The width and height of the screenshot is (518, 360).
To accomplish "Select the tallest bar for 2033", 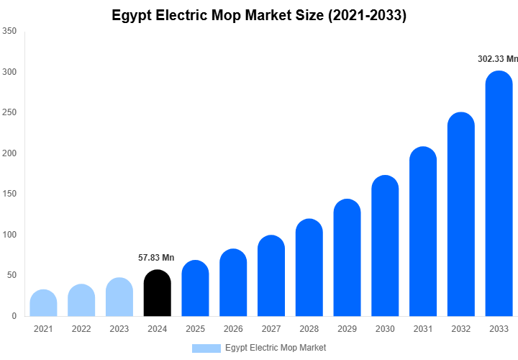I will pyautogui.click(x=499, y=194).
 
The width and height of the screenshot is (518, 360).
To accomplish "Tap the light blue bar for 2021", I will pyautogui.click(x=43, y=303).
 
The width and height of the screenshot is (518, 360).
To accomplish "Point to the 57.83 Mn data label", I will pyautogui.click(x=156, y=258).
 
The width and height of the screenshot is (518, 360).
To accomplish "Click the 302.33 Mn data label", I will pyautogui.click(x=497, y=59).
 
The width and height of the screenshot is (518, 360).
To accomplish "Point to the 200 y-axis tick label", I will pyautogui.click(x=9, y=153).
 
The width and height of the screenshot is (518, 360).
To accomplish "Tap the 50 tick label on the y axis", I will pyautogui.click(x=12, y=275).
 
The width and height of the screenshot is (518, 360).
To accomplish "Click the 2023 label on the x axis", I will pyautogui.click(x=119, y=329).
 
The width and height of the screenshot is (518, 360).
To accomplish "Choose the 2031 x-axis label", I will pyautogui.click(x=423, y=329).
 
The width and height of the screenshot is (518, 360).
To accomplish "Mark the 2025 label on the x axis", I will pyautogui.click(x=195, y=329).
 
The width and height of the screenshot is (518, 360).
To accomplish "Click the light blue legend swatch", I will pyautogui.click(x=206, y=348).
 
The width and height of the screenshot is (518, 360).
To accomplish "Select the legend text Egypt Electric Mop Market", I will pyautogui.click(x=275, y=348).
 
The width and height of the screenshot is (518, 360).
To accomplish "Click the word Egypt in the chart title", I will pyautogui.click(x=132, y=15).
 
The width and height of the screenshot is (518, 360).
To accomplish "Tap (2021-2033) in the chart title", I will pyautogui.click(x=367, y=15).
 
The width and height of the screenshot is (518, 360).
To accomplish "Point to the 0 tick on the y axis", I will pyautogui.click(x=14, y=316).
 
